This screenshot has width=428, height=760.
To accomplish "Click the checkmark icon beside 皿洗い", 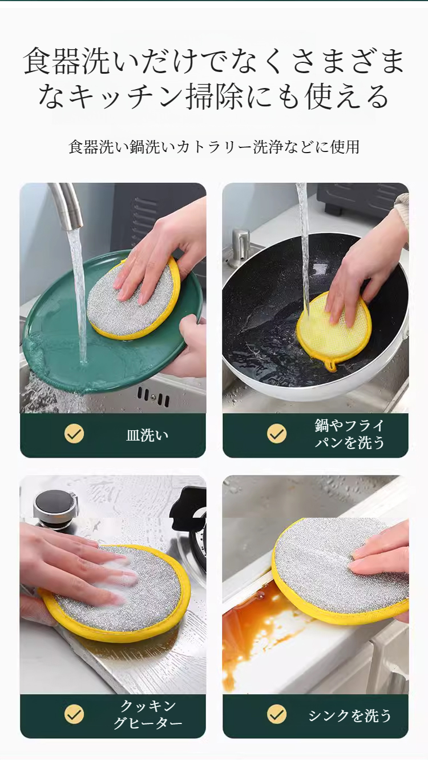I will [74, 434].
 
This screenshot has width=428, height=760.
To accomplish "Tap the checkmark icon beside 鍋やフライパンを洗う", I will [277, 434].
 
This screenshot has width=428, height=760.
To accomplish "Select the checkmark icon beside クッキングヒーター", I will [74, 714].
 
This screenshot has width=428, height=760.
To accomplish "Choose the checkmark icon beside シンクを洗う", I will [277, 714].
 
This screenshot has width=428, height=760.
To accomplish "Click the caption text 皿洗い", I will [147, 435].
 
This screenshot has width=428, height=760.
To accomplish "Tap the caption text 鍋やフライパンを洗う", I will [350, 434].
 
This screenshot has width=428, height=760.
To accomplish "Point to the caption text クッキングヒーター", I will [147, 715].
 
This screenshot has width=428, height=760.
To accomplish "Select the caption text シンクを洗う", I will [350, 715].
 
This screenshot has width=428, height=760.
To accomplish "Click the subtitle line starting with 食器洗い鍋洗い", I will [214, 147].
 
